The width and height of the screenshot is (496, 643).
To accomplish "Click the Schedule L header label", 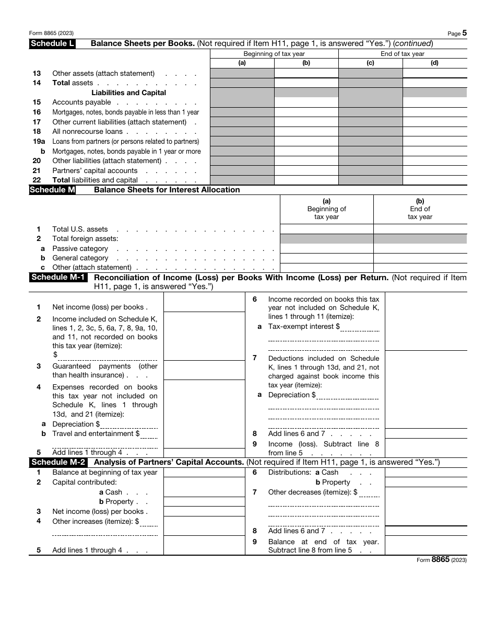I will click(52, 44).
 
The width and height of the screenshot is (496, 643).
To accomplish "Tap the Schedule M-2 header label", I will click(58, 462).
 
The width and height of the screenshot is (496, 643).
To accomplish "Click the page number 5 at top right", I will click(464, 33).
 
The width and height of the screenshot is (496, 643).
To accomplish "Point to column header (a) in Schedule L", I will click(242, 63).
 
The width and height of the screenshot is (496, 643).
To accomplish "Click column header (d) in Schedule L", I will click(434, 63).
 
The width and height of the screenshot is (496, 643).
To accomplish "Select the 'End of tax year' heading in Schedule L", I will click(403, 54).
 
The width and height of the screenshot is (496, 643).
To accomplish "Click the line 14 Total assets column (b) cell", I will click(306, 83).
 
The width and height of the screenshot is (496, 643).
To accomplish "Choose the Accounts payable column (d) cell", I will click(434, 102).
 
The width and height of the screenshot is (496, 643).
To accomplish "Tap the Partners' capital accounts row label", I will click(95, 170).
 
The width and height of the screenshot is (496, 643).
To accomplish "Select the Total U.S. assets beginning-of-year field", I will click(327, 229).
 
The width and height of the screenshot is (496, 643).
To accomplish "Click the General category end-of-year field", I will click(420, 258).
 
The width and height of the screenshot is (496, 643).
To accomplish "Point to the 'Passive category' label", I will click(80, 249).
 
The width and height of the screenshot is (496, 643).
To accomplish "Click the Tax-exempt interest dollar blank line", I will click(360, 327).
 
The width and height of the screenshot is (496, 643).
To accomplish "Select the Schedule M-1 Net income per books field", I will click(204, 302).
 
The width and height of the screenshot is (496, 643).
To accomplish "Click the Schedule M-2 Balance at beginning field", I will click(204, 472).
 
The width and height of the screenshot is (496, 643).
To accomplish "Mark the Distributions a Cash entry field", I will click(426, 472).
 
